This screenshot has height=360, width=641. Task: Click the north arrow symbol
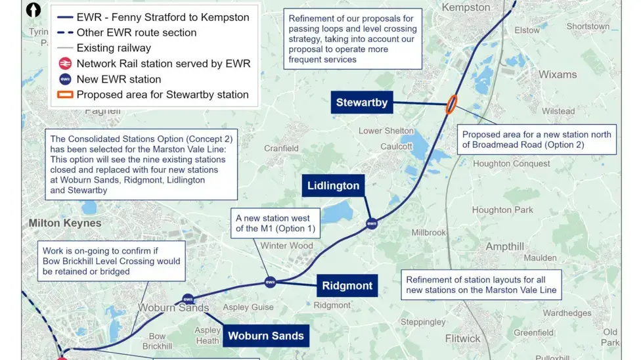[33, 11]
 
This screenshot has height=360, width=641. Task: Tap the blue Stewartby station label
[362, 102]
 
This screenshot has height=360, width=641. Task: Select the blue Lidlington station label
[334, 186]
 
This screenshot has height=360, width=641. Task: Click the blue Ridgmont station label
[347, 286]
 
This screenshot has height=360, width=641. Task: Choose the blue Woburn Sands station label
[265, 336]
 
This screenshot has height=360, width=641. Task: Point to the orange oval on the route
[452, 104]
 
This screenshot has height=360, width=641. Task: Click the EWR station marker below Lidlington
[372, 224]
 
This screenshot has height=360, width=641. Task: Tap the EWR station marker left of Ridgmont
[270, 282]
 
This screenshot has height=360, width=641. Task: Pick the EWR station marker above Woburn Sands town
[188, 299]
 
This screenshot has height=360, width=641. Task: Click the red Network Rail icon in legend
[65, 64]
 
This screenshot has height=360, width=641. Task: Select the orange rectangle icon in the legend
[65, 95]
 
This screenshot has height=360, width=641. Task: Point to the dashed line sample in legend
[64, 33]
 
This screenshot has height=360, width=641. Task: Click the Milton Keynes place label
[65, 223]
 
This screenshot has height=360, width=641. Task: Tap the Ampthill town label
[505, 247]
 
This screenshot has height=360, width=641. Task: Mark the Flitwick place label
[462, 339]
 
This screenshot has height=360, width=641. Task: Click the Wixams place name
[558, 74]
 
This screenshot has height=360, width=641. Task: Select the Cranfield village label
[281, 148]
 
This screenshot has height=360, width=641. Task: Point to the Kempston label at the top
[466, 7]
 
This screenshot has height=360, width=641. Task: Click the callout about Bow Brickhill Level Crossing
[112, 261]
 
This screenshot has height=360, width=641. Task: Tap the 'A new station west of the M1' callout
[275, 224]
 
